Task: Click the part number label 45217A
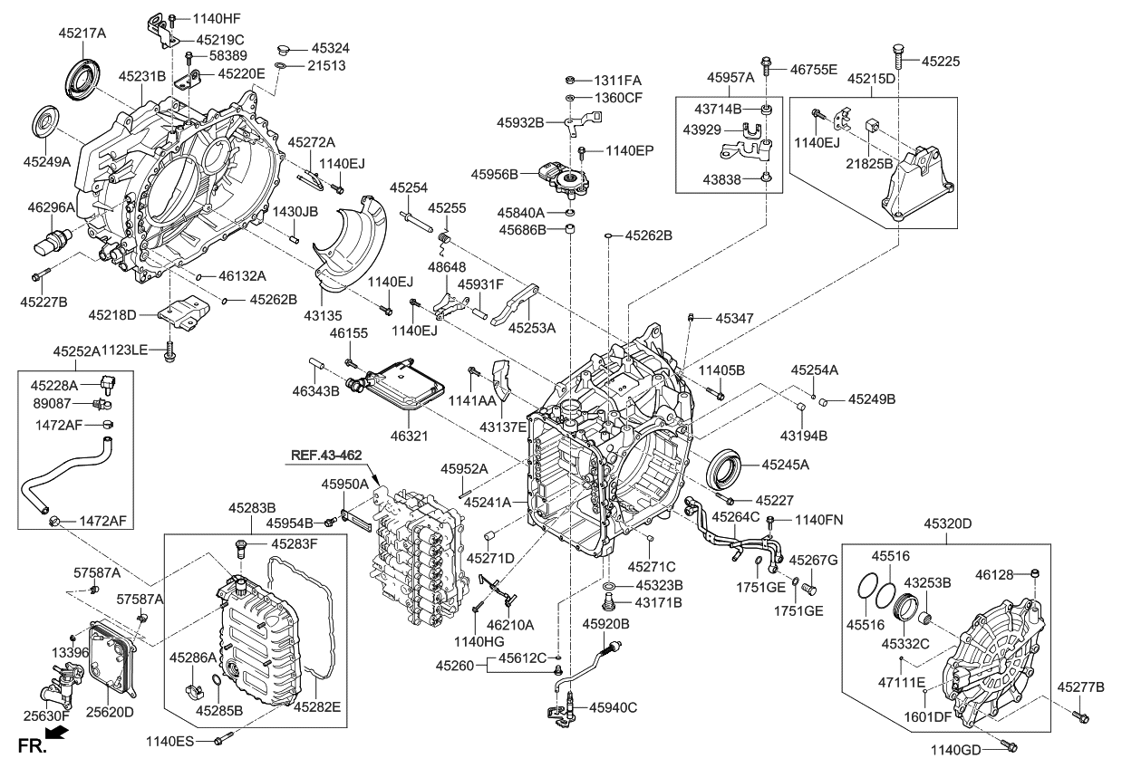82,33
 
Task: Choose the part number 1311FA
618,80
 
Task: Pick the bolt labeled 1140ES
221,742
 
